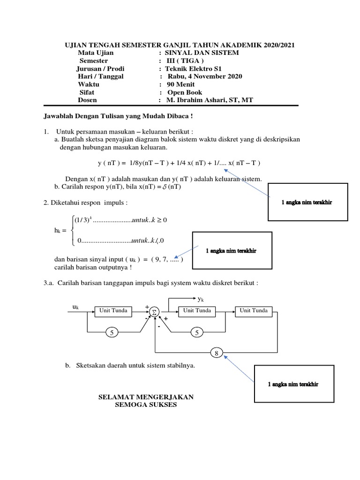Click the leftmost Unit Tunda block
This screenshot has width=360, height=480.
(x=113, y=311)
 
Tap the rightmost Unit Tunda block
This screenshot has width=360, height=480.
(x=254, y=311)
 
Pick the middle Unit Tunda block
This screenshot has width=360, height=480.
(x=197, y=311)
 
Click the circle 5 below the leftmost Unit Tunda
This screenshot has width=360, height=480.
(x=112, y=333)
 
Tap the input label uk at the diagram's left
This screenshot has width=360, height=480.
(x=75, y=307)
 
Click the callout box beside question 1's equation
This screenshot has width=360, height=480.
(x=307, y=202)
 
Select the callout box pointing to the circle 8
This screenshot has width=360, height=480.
(x=293, y=384)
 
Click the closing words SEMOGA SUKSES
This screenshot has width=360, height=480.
(x=146, y=405)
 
